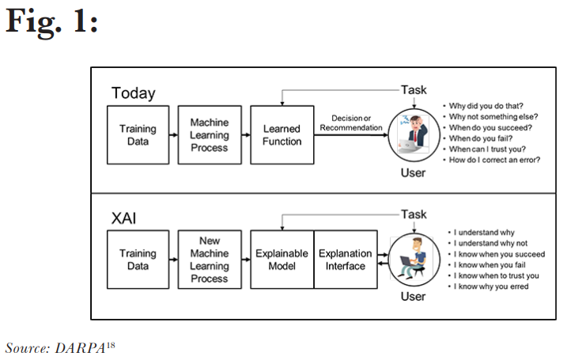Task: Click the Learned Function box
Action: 282,135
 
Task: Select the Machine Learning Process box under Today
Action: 210,135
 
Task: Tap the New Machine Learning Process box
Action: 210,260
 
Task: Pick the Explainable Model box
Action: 282,260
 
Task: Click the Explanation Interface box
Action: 346,260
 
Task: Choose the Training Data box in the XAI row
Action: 138,260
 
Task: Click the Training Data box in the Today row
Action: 138,135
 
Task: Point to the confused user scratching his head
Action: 414,135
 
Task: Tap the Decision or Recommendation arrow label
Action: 351,123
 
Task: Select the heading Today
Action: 134,93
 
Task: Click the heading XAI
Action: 123,218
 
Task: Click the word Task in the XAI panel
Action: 414,214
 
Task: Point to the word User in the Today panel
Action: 414,173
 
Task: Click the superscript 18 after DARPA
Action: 111,345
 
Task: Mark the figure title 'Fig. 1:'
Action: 51,21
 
